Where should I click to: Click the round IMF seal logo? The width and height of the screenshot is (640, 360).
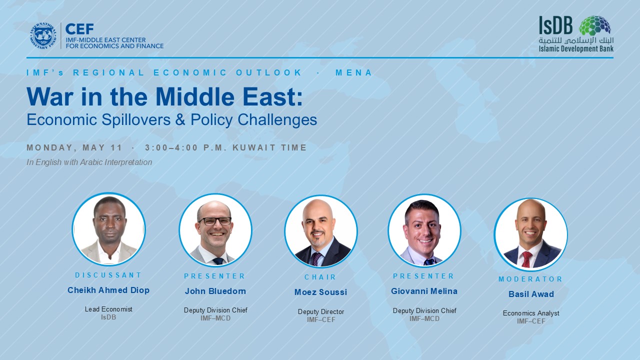pyautogui.click(x=43, y=35)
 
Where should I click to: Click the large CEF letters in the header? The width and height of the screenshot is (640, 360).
pyautogui.click(x=79, y=29)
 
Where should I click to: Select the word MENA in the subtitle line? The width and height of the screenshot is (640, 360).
pyautogui.click(x=353, y=72)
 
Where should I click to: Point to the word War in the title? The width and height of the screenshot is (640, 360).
pyautogui.click(x=49, y=97)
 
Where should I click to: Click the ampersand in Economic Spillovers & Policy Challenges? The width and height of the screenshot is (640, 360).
pyautogui.click(x=180, y=119)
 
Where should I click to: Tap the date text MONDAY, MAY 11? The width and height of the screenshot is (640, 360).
pyautogui.click(x=74, y=147)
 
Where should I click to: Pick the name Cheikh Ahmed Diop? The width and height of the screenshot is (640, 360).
pyautogui.click(x=108, y=290)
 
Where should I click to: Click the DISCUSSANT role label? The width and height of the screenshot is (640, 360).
pyautogui.click(x=108, y=275)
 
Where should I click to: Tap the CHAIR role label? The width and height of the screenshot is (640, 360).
pyautogui.click(x=320, y=277)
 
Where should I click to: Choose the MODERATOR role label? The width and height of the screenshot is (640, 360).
pyautogui.click(x=530, y=279)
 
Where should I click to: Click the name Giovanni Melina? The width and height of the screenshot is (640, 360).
pyautogui.click(x=424, y=291)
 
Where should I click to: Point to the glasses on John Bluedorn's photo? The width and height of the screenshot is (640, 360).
pyautogui.click(x=215, y=221)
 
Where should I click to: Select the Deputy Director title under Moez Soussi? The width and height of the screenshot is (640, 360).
pyautogui.click(x=321, y=311)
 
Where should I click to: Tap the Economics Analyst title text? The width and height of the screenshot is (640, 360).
pyautogui.click(x=531, y=313)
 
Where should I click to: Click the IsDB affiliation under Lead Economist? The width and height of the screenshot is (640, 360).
pyautogui.click(x=108, y=317)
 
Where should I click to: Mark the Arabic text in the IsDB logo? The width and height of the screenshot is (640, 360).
pyautogui.click(x=576, y=41)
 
